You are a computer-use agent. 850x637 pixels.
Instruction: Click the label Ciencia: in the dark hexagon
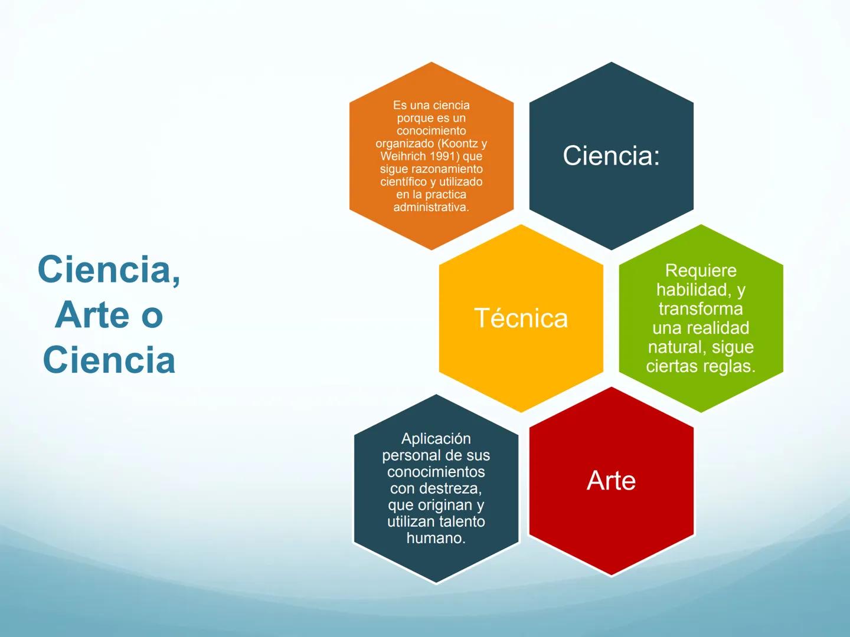pos(611,156)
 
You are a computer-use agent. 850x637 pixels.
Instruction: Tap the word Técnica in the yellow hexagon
pos(521,318)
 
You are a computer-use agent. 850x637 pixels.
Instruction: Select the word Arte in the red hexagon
pos(611,480)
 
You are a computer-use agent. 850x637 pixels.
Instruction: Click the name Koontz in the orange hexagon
pos(459,143)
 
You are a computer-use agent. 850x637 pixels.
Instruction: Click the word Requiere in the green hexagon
pos(701,270)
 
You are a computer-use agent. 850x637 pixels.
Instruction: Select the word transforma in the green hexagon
pos(701,308)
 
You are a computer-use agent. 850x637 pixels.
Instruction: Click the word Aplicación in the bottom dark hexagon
pos(436,439)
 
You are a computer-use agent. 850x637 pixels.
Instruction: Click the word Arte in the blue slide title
pos(91,315)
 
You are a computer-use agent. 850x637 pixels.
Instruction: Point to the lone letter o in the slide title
pos(152,318)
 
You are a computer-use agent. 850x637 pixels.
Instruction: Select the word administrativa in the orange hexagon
pos(431,207)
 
